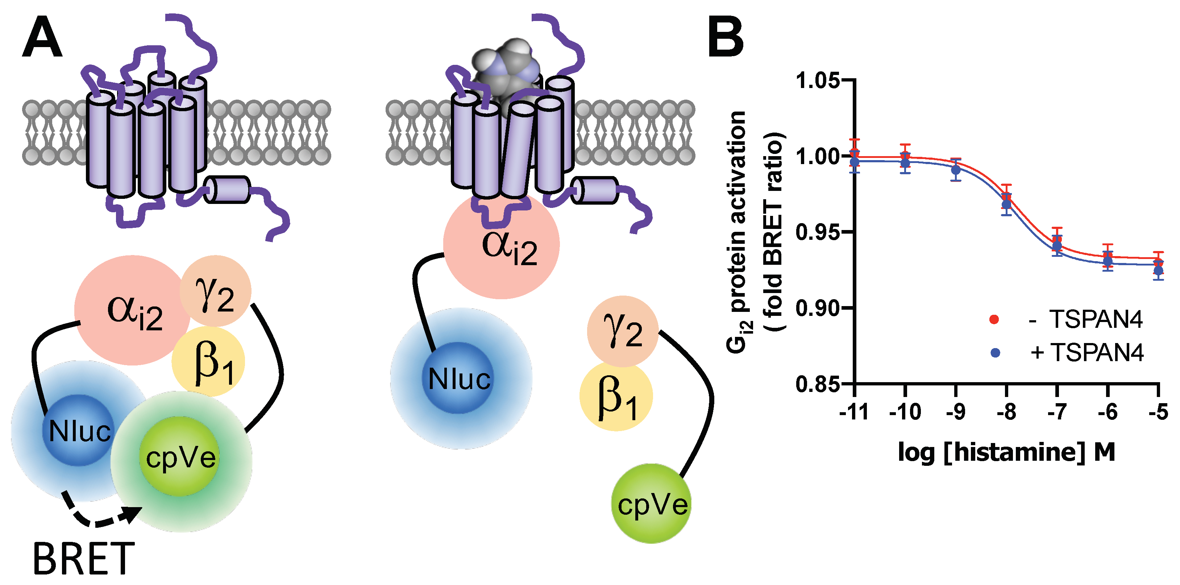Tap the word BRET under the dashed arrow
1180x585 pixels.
pyautogui.click(x=84, y=559)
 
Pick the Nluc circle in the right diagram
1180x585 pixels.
pyautogui.click(x=458, y=379)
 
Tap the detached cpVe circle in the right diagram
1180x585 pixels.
pyautogui.click(x=651, y=504)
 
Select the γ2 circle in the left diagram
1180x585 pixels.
pyautogui.click(x=215, y=291)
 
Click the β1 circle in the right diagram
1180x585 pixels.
pyautogui.click(x=616, y=396)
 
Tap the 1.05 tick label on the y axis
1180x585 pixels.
pyautogui.click(x=818, y=81)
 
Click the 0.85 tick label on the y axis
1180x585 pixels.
pyautogui.click(x=818, y=385)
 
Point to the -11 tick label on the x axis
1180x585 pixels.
pyautogui.click(x=854, y=412)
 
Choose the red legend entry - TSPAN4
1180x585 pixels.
pyautogui.click(x=1067, y=319)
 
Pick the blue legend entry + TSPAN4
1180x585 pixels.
pyautogui.click(x=1067, y=352)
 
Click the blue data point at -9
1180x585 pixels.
pyautogui.click(x=956, y=170)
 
